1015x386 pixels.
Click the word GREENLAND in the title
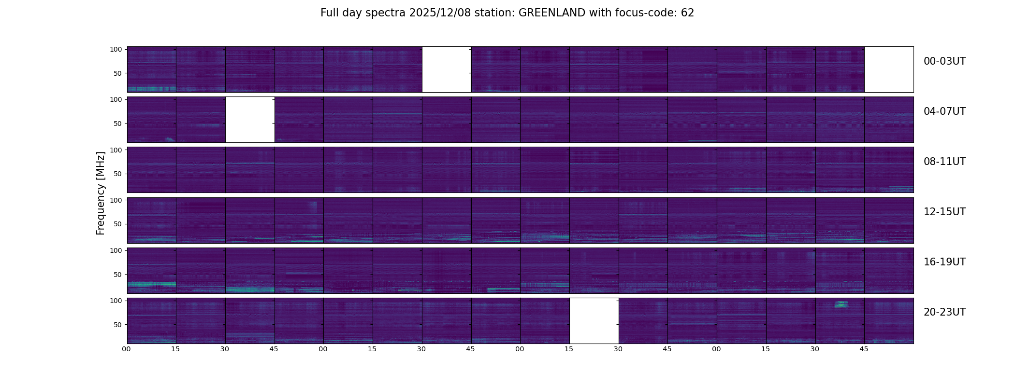551,13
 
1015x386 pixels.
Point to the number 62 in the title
687,13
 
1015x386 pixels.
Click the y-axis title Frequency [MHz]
101,193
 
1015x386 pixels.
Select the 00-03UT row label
944,61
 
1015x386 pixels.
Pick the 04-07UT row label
944,111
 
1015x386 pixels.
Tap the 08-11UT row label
944,162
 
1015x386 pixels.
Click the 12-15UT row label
944,212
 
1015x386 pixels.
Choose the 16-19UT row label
944,262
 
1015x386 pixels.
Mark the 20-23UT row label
944,312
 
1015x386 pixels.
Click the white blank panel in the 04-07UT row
250,120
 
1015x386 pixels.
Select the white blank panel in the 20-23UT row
594,321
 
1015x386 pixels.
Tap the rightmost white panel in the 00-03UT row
889,69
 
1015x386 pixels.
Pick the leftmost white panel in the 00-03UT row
447,69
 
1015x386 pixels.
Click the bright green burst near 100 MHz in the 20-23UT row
841,304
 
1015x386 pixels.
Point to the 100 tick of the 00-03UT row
116,49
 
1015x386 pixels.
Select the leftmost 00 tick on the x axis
126,349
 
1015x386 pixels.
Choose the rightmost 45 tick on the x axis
864,349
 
